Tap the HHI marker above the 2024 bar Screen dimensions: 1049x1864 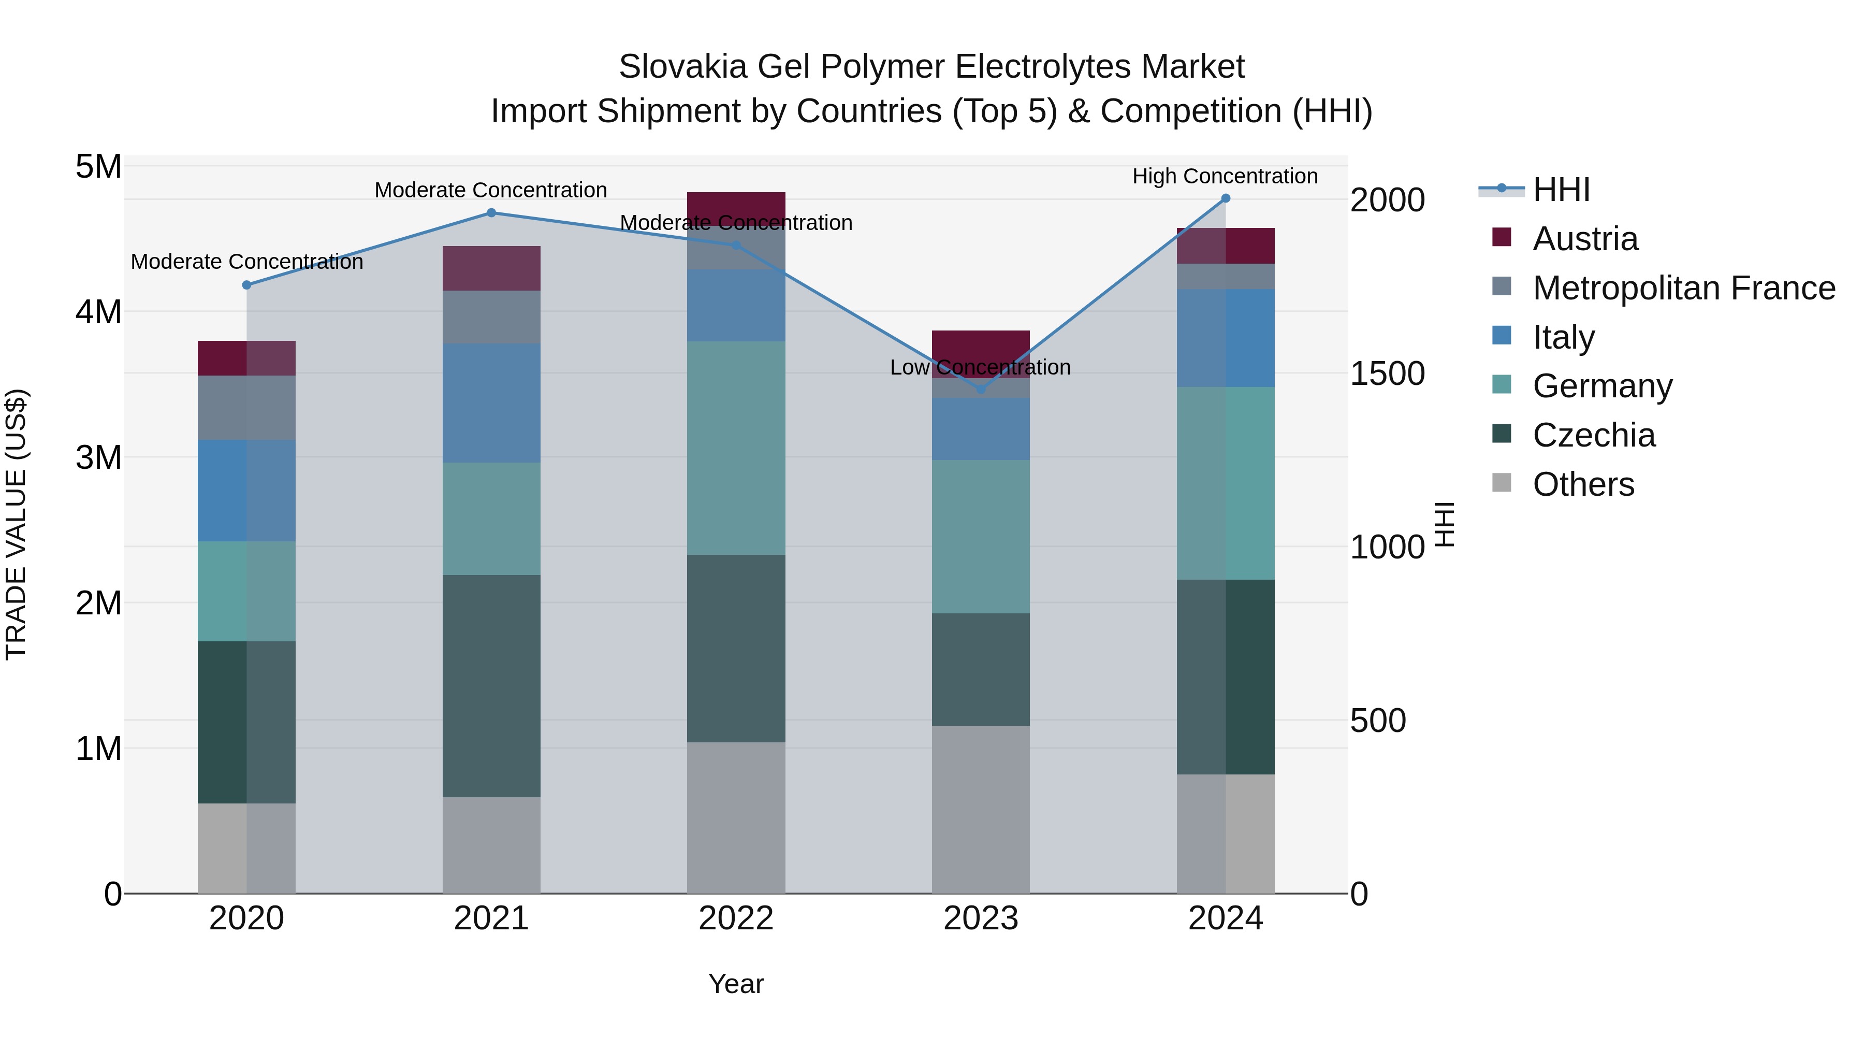[1225, 198]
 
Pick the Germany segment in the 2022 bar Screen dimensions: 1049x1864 [736, 448]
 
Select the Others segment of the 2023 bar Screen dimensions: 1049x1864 [981, 809]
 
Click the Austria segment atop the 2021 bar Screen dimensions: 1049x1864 [491, 268]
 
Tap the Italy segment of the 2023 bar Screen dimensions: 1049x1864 [981, 428]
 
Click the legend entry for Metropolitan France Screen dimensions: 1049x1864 [1683, 288]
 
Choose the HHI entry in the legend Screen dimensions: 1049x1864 [1560, 190]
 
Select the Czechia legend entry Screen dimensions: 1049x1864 [1593, 435]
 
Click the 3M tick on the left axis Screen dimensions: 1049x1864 [98, 457]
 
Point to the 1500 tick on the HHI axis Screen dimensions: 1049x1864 [1387, 373]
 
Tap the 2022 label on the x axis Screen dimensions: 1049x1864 [736, 918]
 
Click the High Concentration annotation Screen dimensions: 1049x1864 [1225, 176]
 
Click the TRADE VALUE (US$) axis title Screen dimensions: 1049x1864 [16, 524]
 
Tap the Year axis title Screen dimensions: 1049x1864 [736, 984]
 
